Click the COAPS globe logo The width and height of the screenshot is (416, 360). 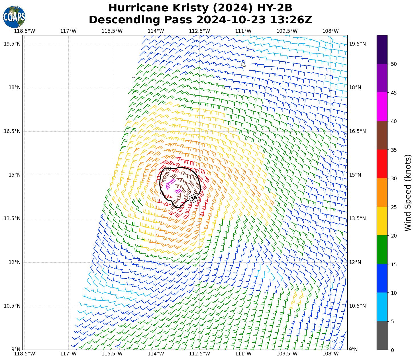14,17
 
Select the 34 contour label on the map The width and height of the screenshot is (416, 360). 194,198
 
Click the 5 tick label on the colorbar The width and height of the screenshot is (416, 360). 392,322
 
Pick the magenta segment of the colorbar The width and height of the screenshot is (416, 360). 382,107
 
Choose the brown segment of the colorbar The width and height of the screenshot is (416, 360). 382,135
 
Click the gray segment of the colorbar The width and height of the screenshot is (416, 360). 382,335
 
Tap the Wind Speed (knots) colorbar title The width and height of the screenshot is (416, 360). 408,193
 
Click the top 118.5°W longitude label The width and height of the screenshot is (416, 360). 25,31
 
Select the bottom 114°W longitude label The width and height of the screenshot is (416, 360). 156,354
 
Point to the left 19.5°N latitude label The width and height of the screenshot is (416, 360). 12,44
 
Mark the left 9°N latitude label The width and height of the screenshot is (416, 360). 16,349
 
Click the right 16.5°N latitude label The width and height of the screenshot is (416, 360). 357,131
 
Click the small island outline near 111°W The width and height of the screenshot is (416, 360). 243,65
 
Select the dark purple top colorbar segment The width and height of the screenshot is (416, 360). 382,49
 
